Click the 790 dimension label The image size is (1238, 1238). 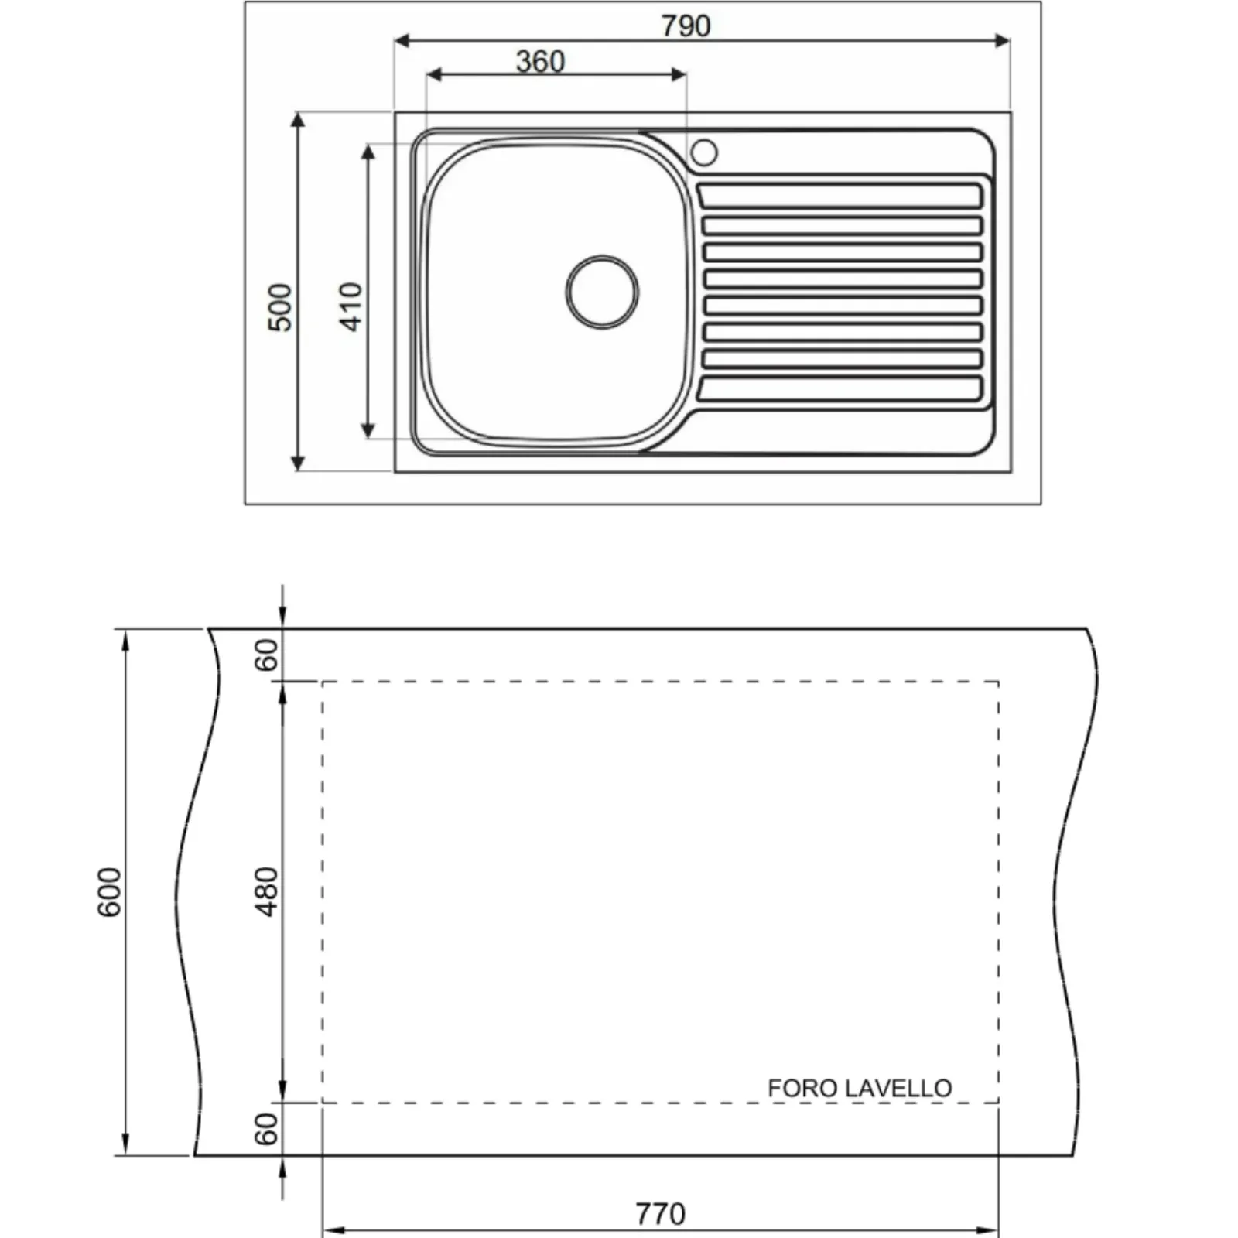686,26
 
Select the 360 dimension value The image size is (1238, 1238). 540,61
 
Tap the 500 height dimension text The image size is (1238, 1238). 280,307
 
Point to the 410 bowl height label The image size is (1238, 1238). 351,306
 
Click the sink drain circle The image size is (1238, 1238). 602,292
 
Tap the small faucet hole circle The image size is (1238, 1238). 703,152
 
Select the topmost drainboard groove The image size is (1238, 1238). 840,196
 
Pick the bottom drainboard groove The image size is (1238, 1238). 840,388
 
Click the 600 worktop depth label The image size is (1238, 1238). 109,892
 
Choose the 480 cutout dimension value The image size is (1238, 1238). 266,891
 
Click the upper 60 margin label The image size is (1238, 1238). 266,655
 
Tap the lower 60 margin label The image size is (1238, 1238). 266,1129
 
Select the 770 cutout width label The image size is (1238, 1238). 660,1213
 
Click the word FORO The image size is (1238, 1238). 802,1088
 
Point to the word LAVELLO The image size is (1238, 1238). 898,1088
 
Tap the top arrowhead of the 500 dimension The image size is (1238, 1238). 298,119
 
